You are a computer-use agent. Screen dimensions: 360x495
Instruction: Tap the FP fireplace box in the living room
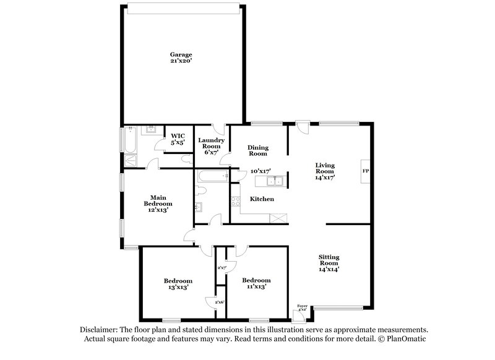[365, 171]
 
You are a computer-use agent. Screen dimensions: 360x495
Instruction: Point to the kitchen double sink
[273, 181]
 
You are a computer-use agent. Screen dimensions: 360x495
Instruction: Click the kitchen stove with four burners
[235, 201]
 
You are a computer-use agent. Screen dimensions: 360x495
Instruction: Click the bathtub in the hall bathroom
[210, 178]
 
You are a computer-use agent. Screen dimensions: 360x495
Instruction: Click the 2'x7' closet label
[221, 268]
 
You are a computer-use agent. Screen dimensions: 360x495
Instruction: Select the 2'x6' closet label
[219, 301]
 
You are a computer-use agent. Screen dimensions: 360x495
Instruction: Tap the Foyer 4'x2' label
[302, 307]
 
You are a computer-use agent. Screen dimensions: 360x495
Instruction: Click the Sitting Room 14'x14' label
[329, 263]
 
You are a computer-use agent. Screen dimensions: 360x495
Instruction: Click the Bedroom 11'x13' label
[256, 283]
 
